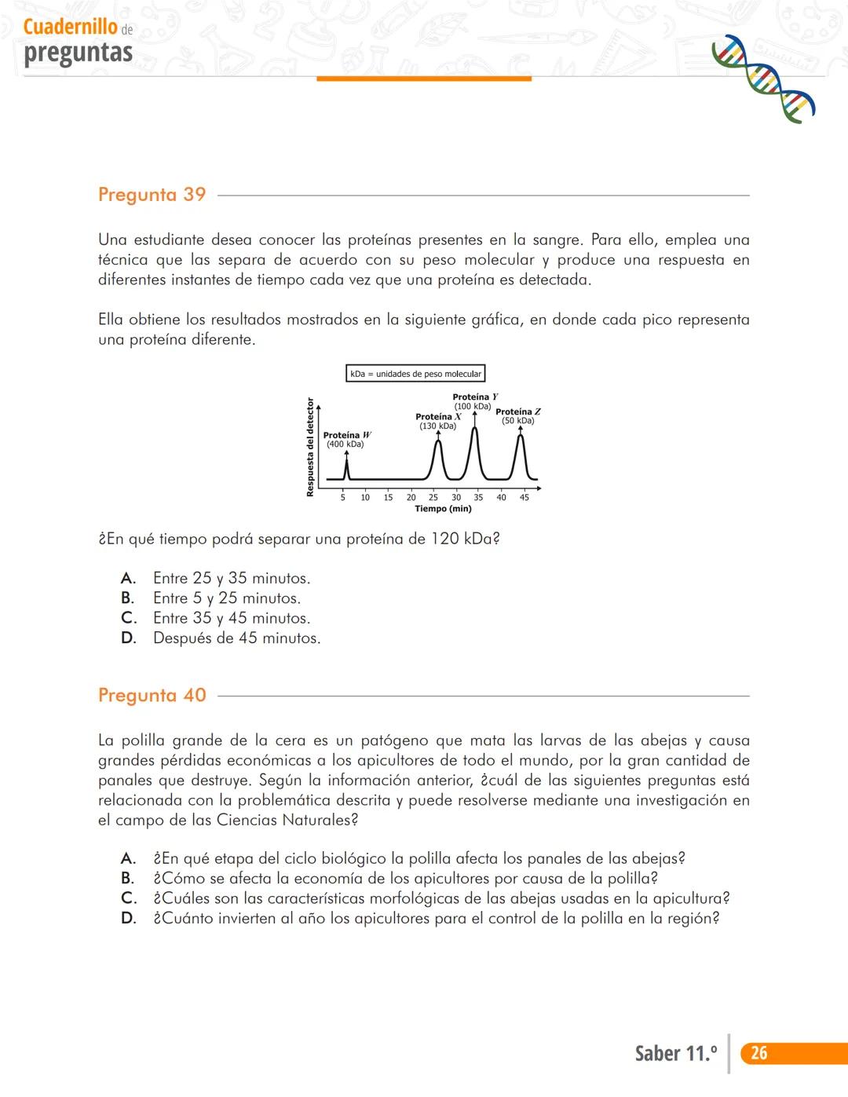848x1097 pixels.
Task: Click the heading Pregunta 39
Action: (x=152, y=195)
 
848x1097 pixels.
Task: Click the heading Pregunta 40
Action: (x=152, y=695)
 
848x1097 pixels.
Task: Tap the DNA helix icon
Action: (x=762, y=79)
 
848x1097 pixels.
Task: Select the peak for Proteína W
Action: (x=346, y=466)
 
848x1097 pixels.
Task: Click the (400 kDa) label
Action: (x=345, y=444)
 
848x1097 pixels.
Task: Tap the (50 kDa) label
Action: (x=518, y=421)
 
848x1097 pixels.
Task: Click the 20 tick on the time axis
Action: (x=411, y=497)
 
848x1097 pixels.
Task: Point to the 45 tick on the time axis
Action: (x=525, y=497)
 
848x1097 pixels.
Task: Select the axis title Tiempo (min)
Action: (x=443, y=509)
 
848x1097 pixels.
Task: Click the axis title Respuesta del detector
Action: (x=310, y=447)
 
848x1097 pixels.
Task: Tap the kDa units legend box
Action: (x=415, y=374)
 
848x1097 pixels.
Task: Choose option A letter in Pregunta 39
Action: (x=128, y=579)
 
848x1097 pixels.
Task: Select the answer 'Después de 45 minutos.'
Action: (x=236, y=638)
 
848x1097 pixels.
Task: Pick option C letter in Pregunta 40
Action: (x=128, y=898)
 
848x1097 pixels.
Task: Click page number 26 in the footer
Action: (x=758, y=1053)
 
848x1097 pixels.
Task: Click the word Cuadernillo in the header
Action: (x=71, y=27)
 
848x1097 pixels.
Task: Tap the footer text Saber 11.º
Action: (x=676, y=1053)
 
